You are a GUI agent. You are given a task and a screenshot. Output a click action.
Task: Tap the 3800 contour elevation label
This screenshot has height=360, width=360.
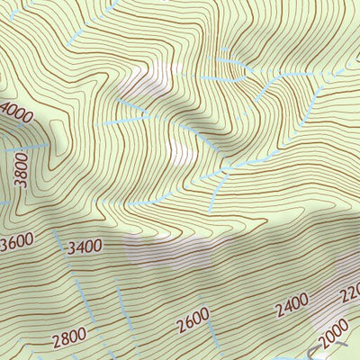tap(22, 168)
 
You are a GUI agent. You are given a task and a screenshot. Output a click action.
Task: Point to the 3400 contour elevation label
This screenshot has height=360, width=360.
tap(85, 244)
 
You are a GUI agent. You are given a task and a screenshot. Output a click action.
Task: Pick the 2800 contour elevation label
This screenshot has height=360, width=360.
tap(69, 338)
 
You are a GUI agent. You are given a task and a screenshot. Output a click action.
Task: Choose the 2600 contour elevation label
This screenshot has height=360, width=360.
tap(193, 318)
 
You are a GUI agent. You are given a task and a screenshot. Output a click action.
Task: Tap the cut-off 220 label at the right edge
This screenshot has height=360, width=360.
tap(351, 292)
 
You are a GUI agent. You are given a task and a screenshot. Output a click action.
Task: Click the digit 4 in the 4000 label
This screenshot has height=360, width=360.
tap(6, 110)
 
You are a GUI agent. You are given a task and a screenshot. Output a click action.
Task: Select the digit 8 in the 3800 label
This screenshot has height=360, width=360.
tap(22, 174)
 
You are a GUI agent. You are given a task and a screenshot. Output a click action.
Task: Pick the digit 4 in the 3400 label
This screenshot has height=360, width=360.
tap(78, 244)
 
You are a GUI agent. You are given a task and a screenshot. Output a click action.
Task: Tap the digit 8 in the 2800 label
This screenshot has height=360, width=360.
tap(64, 339)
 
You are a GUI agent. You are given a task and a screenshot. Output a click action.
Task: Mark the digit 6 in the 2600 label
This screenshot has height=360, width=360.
tap(187, 319)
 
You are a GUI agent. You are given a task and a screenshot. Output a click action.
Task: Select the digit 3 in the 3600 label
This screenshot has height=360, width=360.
tap(6, 245)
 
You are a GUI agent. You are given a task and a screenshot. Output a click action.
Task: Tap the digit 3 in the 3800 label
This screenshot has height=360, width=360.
tap(22, 184)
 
